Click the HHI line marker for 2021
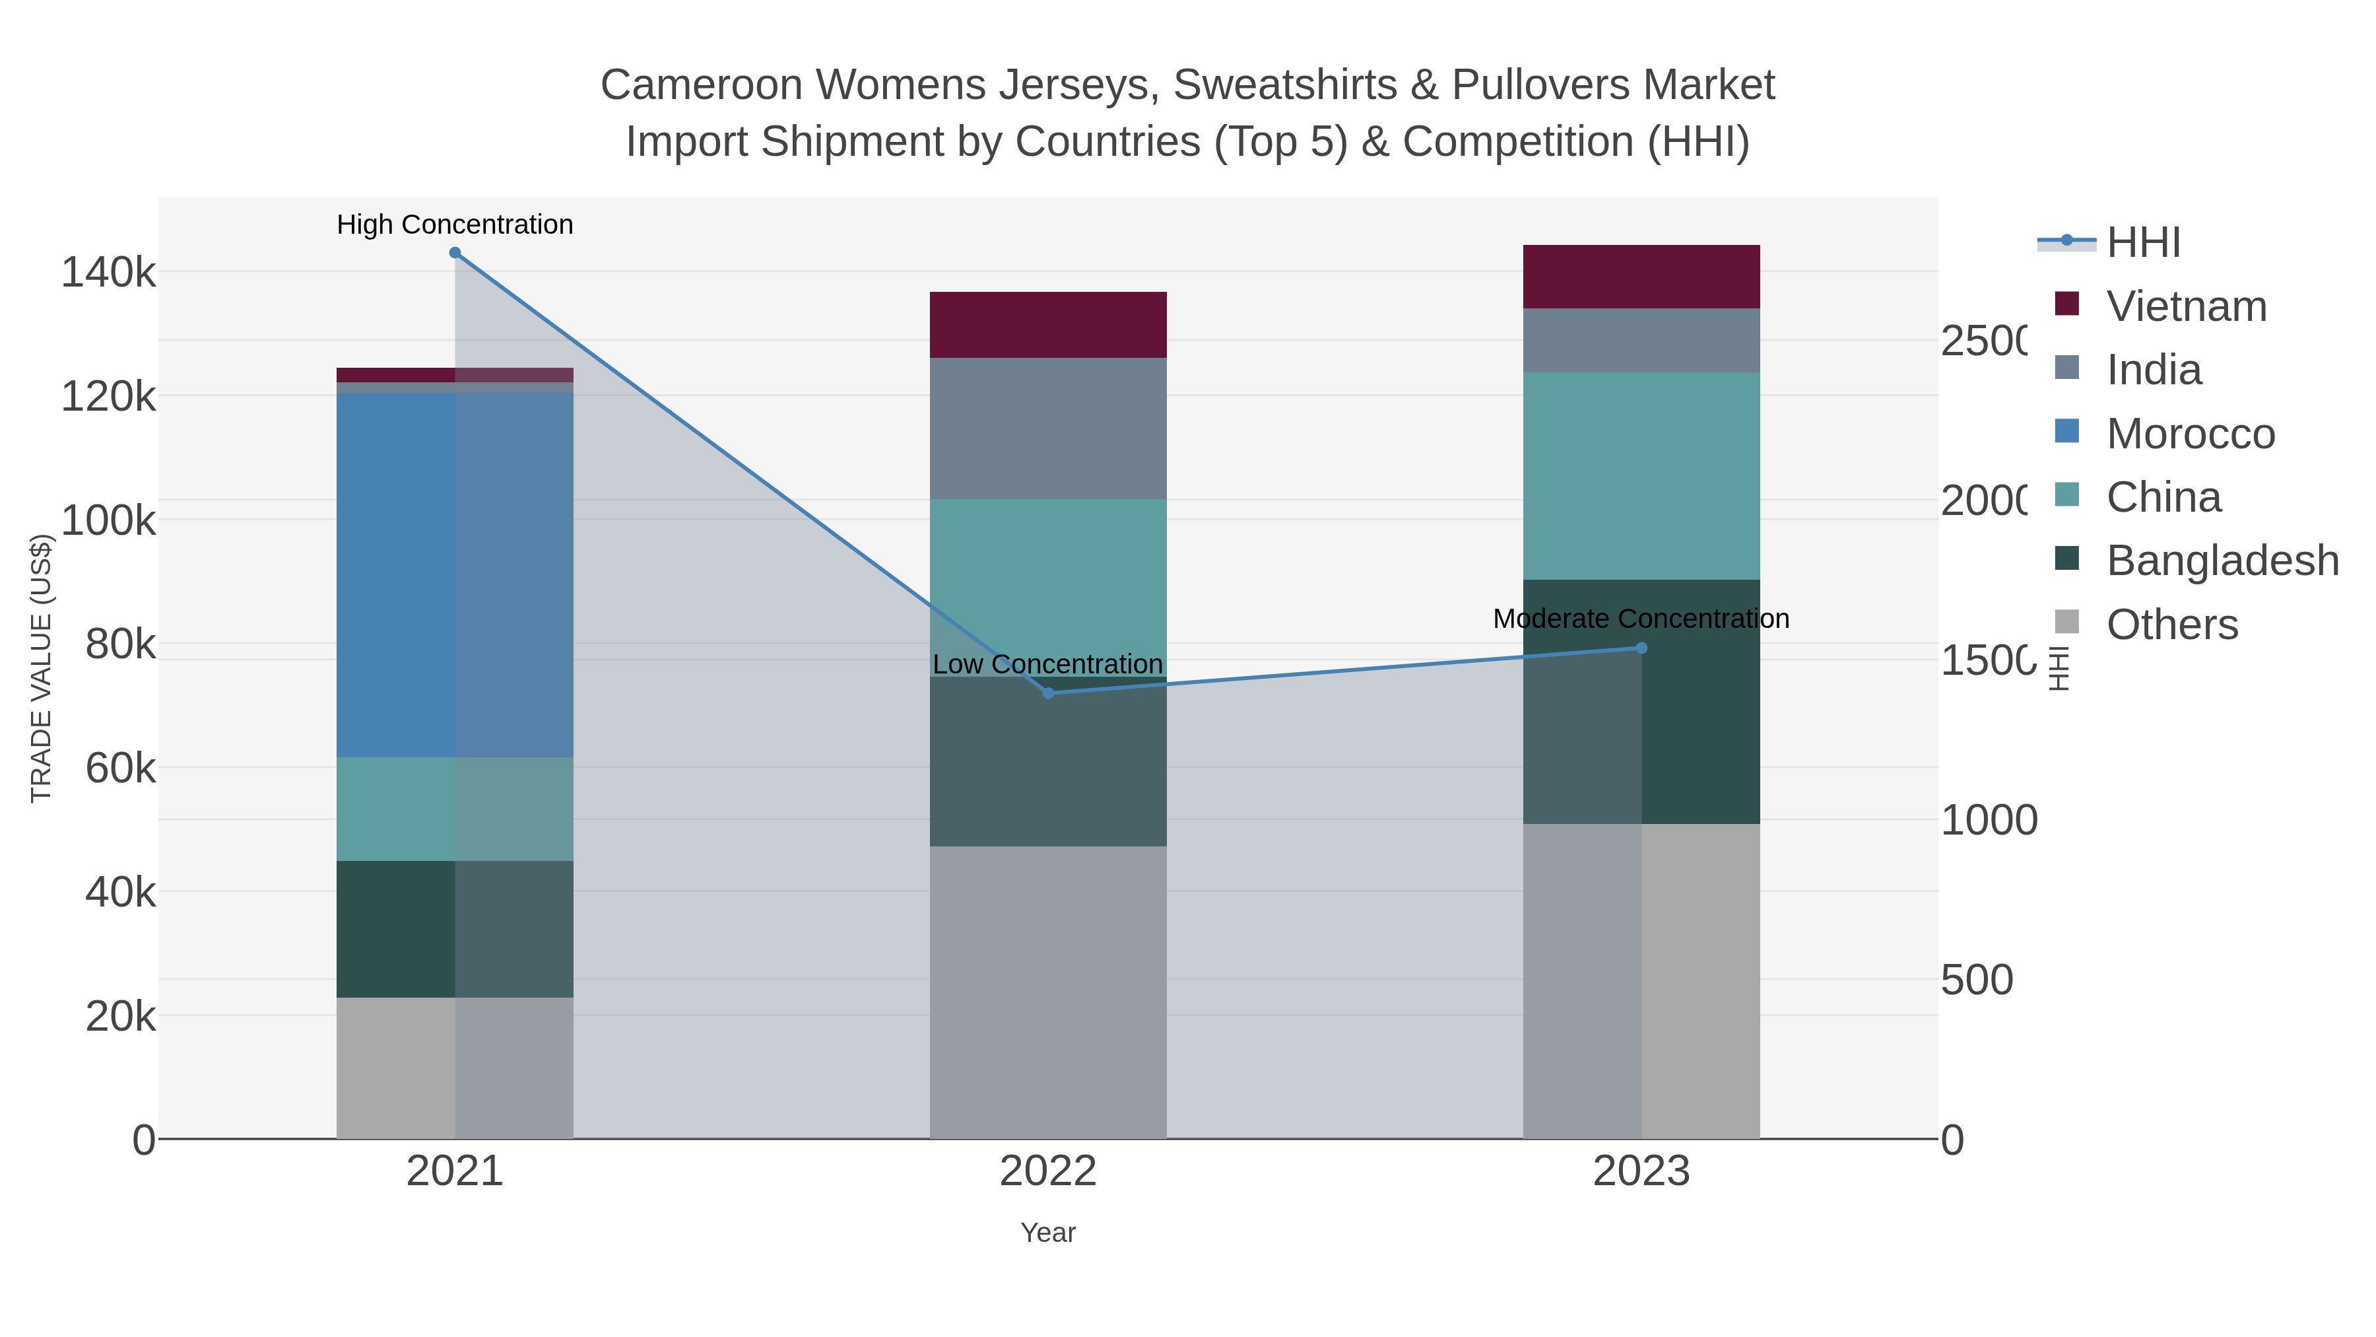[x=455, y=253]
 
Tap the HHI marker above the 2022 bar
[x=1048, y=693]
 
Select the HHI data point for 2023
[x=1641, y=648]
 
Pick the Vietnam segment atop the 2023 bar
[x=1641, y=277]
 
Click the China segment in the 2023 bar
[x=1641, y=476]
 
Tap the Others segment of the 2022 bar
[x=1048, y=992]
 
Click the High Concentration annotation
[x=455, y=224]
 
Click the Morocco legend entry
[x=2190, y=434]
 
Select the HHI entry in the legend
[x=2142, y=242]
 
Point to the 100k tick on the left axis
[x=108, y=520]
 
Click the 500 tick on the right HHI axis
[x=1977, y=979]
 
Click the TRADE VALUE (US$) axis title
[x=42, y=668]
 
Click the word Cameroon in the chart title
[x=701, y=85]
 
